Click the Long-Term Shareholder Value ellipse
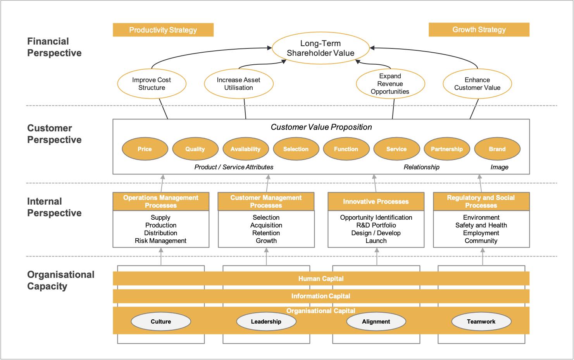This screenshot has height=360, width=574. point(321,48)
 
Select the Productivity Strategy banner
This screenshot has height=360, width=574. point(163,30)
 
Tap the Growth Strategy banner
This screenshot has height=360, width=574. point(479,29)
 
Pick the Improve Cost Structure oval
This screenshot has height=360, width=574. point(152,84)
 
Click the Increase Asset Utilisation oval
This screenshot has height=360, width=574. point(239,84)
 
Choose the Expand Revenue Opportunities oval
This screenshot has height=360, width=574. point(390,84)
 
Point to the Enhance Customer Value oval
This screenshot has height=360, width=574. point(477,84)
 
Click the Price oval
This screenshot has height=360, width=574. point(145,149)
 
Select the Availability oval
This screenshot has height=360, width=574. point(246,149)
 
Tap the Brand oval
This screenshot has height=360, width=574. point(497,149)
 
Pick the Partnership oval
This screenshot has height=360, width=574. point(447,149)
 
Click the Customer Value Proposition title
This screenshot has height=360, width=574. point(321,127)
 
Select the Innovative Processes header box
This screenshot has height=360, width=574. point(376,202)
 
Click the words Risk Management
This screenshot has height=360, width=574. point(160,241)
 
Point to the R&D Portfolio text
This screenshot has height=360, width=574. point(376,225)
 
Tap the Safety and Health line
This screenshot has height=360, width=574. point(481,225)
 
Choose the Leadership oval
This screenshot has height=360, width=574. point(266,322)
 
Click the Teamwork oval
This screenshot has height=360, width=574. point(481,322)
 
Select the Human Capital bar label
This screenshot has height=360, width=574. point(321,279)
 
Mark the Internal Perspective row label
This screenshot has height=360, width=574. point(54,207)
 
